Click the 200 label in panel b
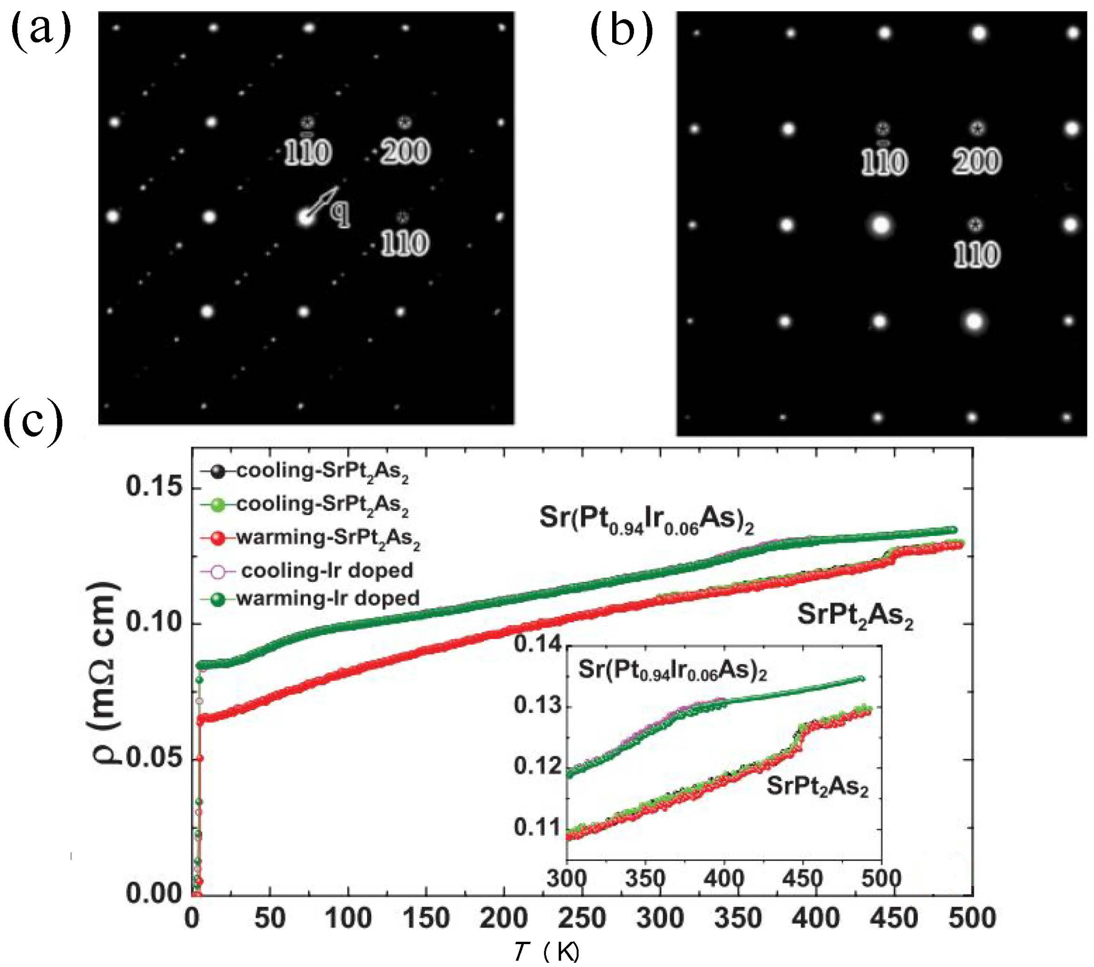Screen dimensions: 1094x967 [976, 162]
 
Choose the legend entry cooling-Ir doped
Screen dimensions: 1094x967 [327, 571]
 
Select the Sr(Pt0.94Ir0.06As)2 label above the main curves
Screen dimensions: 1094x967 [647, 521]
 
